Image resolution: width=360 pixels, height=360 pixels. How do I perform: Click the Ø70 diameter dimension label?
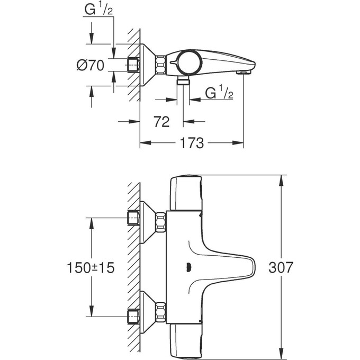[x=91, y=66]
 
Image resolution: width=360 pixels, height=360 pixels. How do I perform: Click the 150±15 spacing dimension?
[x=92, y=267]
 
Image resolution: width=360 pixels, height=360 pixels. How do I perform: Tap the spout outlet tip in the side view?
[x=243, y=72]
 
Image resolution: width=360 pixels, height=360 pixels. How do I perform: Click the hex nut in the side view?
[x=160, y=65]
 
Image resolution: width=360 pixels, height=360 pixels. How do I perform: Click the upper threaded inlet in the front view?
[x=133, y=218]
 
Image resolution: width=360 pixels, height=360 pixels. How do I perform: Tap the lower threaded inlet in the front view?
[x=133, y=317]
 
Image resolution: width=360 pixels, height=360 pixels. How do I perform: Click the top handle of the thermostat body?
[x=186, y=193]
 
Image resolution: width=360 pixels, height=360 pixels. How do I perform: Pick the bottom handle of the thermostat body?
[x=186, y=341]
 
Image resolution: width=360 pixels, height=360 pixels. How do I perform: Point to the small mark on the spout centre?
[x=189, y=268]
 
